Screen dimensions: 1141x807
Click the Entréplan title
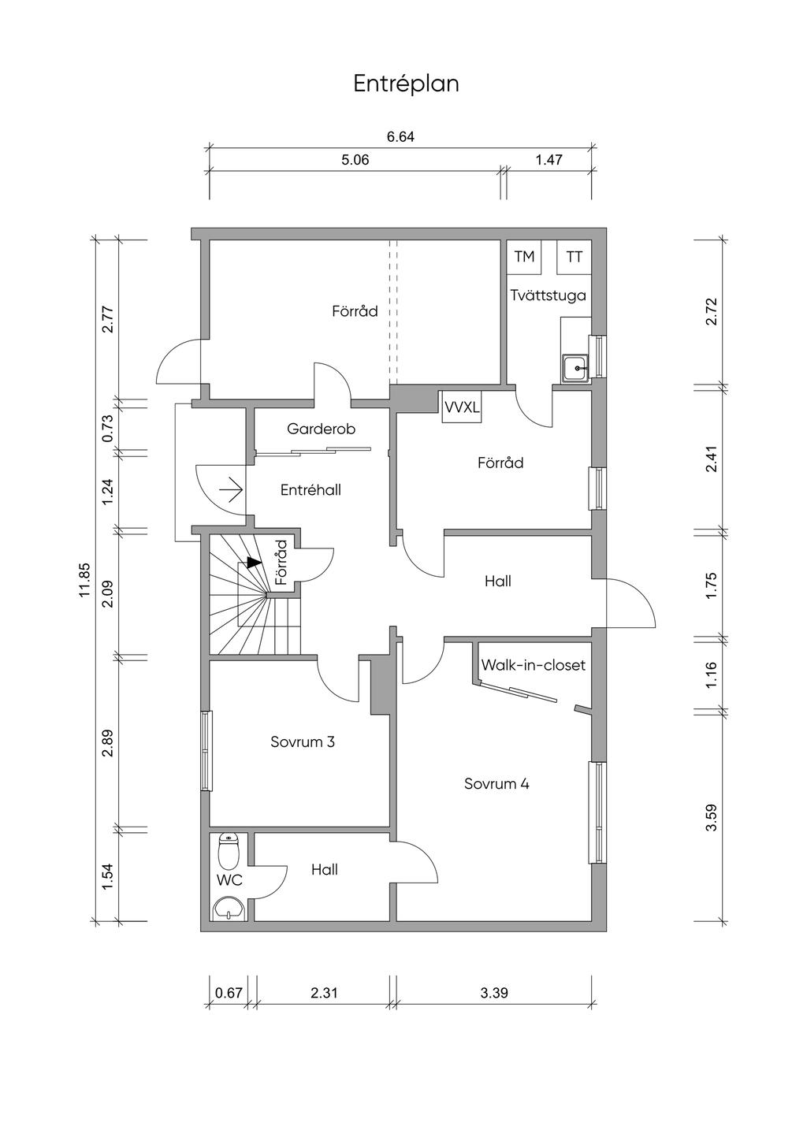(406, 84)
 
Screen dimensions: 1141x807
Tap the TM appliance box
(524, 257)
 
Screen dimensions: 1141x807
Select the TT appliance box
(575, 257)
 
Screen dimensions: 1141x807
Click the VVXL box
(461, 407)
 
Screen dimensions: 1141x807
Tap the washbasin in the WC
(229, 908)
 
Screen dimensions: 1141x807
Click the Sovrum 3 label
(303, 741)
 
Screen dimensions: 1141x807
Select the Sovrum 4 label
(496, 783)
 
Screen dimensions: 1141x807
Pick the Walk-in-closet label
(534, 665)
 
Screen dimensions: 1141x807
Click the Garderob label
(321, 429)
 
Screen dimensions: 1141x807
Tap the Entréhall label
(311, 489)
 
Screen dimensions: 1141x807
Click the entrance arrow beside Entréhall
(230, 490)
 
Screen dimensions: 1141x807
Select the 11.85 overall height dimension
(84, 580)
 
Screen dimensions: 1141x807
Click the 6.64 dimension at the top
(400, 136)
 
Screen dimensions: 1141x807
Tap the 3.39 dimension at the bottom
(494, 993)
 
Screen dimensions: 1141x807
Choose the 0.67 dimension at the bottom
(229, 993)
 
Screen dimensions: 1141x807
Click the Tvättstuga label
(548, 295)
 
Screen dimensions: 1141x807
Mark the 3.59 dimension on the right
(711, 817)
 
